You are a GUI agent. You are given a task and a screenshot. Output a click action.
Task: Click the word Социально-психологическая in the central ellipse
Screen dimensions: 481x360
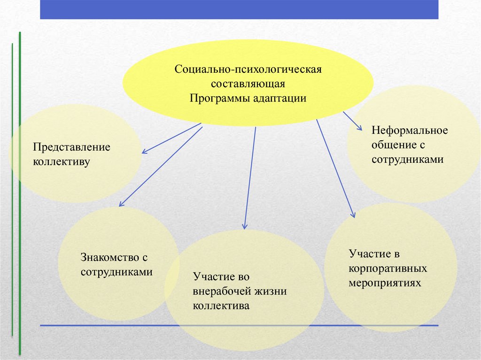248,69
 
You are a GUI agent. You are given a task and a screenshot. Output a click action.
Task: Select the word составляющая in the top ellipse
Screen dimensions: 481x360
248,84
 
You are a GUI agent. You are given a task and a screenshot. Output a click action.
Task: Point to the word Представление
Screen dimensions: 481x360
71,147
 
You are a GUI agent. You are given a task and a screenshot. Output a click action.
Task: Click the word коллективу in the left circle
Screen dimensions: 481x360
62,161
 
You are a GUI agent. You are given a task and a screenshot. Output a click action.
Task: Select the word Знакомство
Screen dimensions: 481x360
110,257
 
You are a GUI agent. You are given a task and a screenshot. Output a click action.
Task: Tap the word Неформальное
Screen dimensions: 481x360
410,130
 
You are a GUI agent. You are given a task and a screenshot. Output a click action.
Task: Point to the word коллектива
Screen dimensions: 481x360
221,306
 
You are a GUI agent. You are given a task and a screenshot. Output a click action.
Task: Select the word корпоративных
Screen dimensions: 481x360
388,268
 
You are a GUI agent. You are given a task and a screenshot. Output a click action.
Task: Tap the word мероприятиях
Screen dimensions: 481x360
385,283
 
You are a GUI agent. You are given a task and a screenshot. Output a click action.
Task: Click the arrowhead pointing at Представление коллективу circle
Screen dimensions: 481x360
145,151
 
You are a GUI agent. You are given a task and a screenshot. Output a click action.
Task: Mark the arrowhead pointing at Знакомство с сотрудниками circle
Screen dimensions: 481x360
122,203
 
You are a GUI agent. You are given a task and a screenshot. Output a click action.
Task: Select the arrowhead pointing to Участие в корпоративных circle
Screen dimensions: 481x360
353,214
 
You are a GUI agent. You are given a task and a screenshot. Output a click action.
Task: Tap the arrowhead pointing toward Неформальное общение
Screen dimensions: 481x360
360,128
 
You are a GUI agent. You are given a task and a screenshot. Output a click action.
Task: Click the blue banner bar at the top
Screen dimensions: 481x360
239,9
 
